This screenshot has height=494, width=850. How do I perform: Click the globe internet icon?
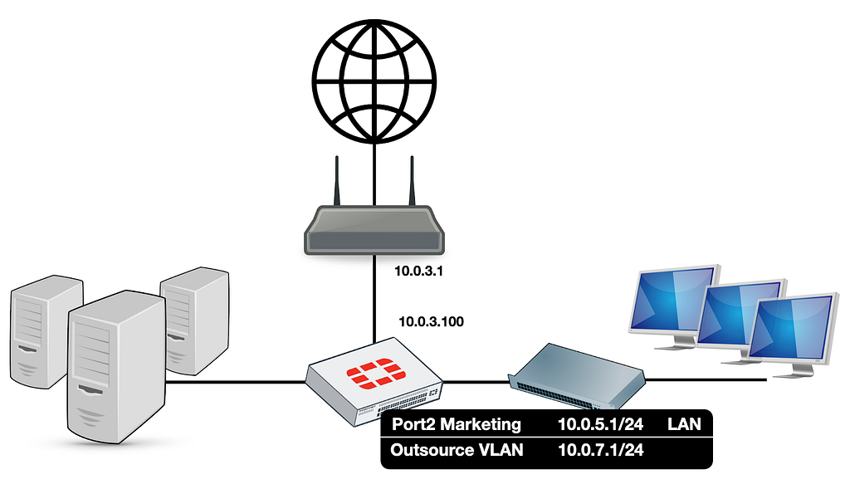pos(374,81)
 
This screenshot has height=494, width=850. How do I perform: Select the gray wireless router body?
pos(374,230)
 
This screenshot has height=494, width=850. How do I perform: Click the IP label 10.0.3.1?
pos(418,271)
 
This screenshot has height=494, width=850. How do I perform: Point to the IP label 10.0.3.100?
pos(431,321)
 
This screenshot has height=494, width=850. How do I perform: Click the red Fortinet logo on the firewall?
pos(376,374)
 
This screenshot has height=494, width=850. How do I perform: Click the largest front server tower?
pos(116,367)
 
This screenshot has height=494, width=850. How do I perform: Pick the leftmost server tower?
pos(46,331)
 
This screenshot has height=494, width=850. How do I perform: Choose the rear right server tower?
pos(195,320)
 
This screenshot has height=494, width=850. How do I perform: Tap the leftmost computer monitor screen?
pos(672,300)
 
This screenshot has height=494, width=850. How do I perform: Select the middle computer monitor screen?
pos(740,314)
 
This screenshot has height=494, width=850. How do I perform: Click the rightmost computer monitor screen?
pos(792,329)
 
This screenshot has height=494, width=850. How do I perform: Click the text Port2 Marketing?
pos(456,424)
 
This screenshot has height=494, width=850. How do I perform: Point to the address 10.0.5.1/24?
pos(601,424)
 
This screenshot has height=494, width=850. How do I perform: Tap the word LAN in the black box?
pos(684,424)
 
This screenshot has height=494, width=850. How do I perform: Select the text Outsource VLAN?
pos(457,450)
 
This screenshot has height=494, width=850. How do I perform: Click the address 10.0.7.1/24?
pos(601,450)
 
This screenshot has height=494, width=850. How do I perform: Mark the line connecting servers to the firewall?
pos(236,382)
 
